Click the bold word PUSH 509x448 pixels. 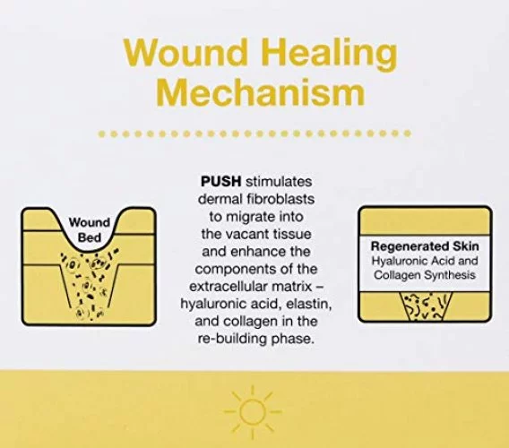pyautogui.click(x=221, y=182)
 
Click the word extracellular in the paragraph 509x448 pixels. pyautogui.click(x=232, y=287)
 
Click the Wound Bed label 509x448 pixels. pyautogui.click(x=90, y=230)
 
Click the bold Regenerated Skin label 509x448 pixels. pyautogui.click(x=425, y=246)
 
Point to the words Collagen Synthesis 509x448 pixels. pyautogui.click(x=424, y=275)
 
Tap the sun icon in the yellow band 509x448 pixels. pyautogui.click(x=252, y=411)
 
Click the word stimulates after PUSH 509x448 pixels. pyautogui.click(x=279, y=182)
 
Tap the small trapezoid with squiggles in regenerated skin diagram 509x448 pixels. pyautogui.click(x=425, y=306)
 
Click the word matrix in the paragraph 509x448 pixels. pyautogui.click(x=295, y=287)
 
